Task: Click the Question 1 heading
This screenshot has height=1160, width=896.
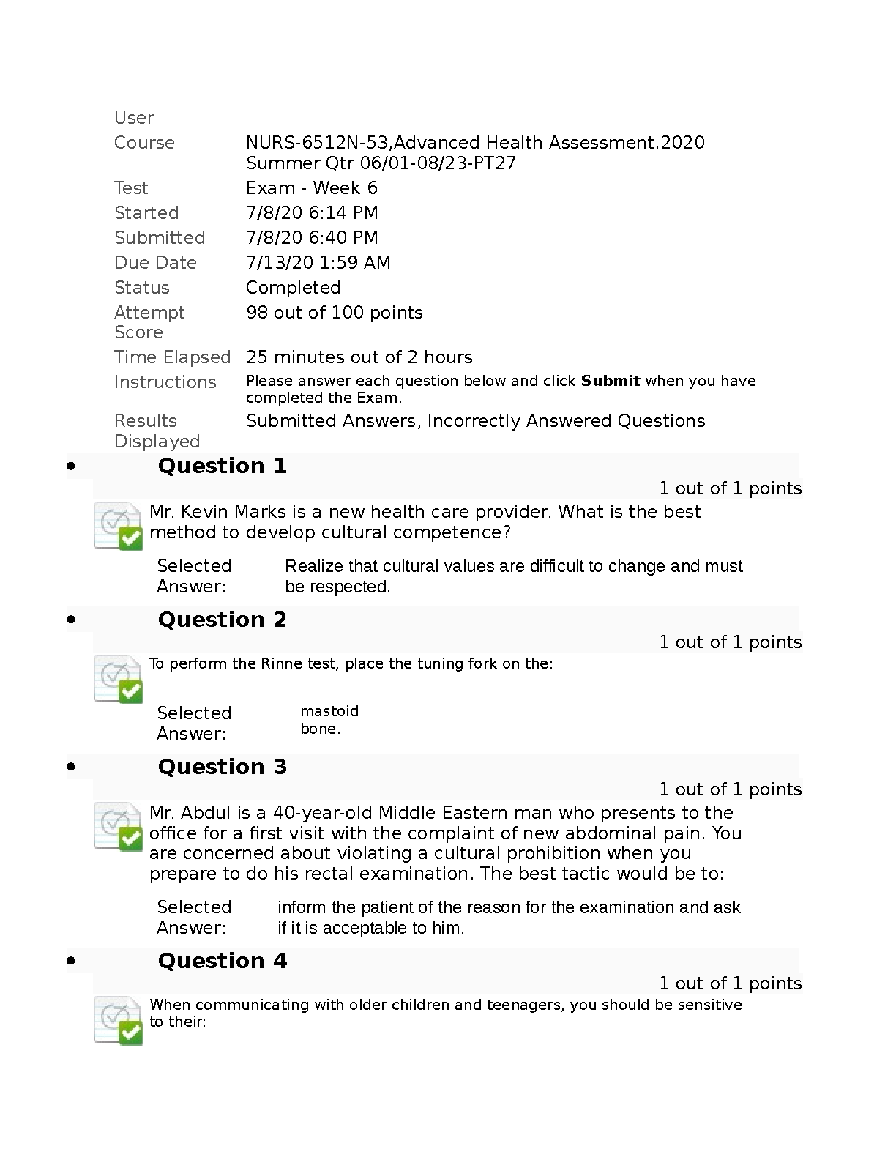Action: tap(222, 466)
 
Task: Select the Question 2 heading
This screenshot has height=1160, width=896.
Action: tap(222, 620)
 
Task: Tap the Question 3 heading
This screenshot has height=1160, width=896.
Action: tap(222, 767)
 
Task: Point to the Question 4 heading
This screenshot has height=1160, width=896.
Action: tap(222, 961)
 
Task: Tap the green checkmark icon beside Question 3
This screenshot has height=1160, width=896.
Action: tap(130, 839)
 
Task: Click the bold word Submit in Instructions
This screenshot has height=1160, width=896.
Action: tap(611, 381)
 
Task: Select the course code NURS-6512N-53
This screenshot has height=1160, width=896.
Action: tap(318, 143)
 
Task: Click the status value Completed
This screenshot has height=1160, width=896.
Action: tap(293, 288)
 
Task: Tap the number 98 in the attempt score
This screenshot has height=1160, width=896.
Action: tap(257, 313)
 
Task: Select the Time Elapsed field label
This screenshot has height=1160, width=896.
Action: tap(172, 357)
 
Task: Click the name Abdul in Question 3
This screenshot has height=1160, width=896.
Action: tap(205, 813)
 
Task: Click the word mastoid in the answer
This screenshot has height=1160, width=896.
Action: tap(329, 711)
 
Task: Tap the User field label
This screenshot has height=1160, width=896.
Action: tap(134, 118)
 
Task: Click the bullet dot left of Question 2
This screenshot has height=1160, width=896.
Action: tap(71, 620)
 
